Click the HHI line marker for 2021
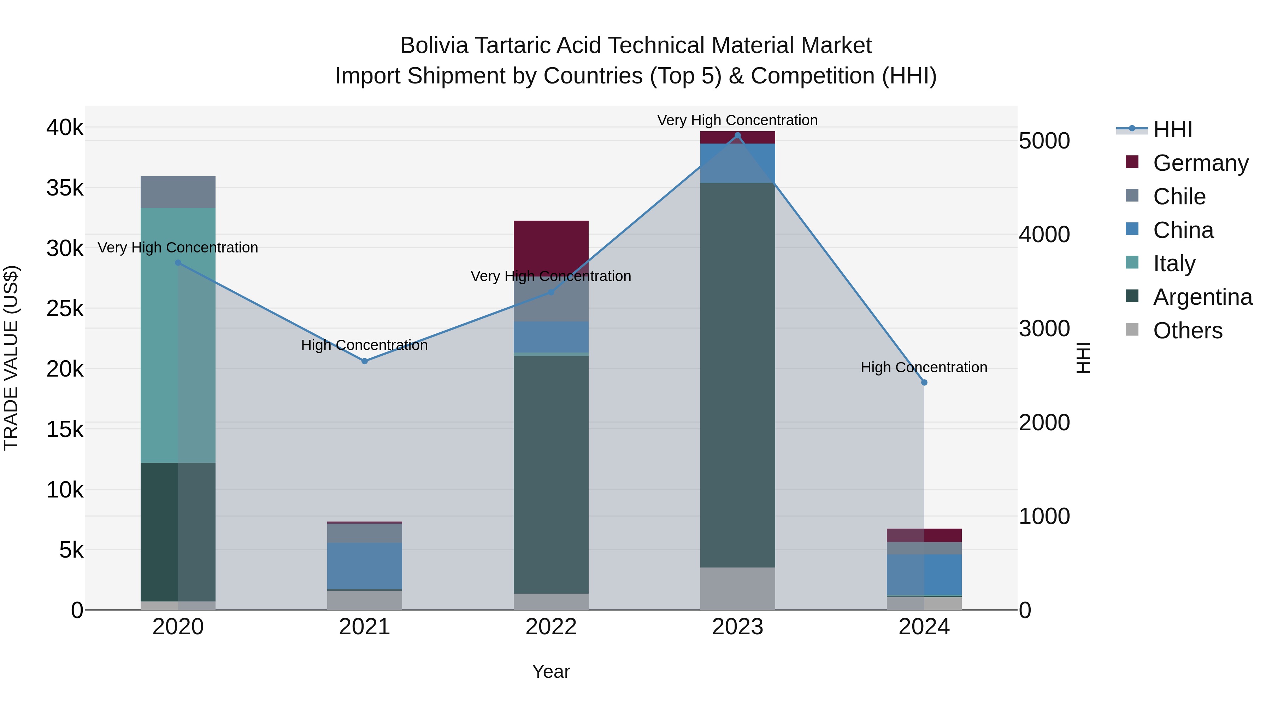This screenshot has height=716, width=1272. coord(364,361)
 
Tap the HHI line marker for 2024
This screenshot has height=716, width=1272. coord(924,383)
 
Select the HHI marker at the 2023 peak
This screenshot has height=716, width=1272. coord(738,135)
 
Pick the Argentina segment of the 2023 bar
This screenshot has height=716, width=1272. coord(738,376)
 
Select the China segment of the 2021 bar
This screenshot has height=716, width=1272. coord(364,566)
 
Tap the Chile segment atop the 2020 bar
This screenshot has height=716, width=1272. coord(178,192)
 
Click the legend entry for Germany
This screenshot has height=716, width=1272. coord(1201,163)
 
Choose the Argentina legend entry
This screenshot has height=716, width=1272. coord(1203,297)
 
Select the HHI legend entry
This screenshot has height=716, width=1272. coord(1173,129)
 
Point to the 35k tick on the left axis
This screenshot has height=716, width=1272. coord(65,188)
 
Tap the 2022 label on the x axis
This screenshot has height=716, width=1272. coord(551,627)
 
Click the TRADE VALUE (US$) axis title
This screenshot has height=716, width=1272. coord(11,358)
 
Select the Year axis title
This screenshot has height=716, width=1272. coord(551,671)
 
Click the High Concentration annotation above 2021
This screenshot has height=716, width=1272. coord(364,345)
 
